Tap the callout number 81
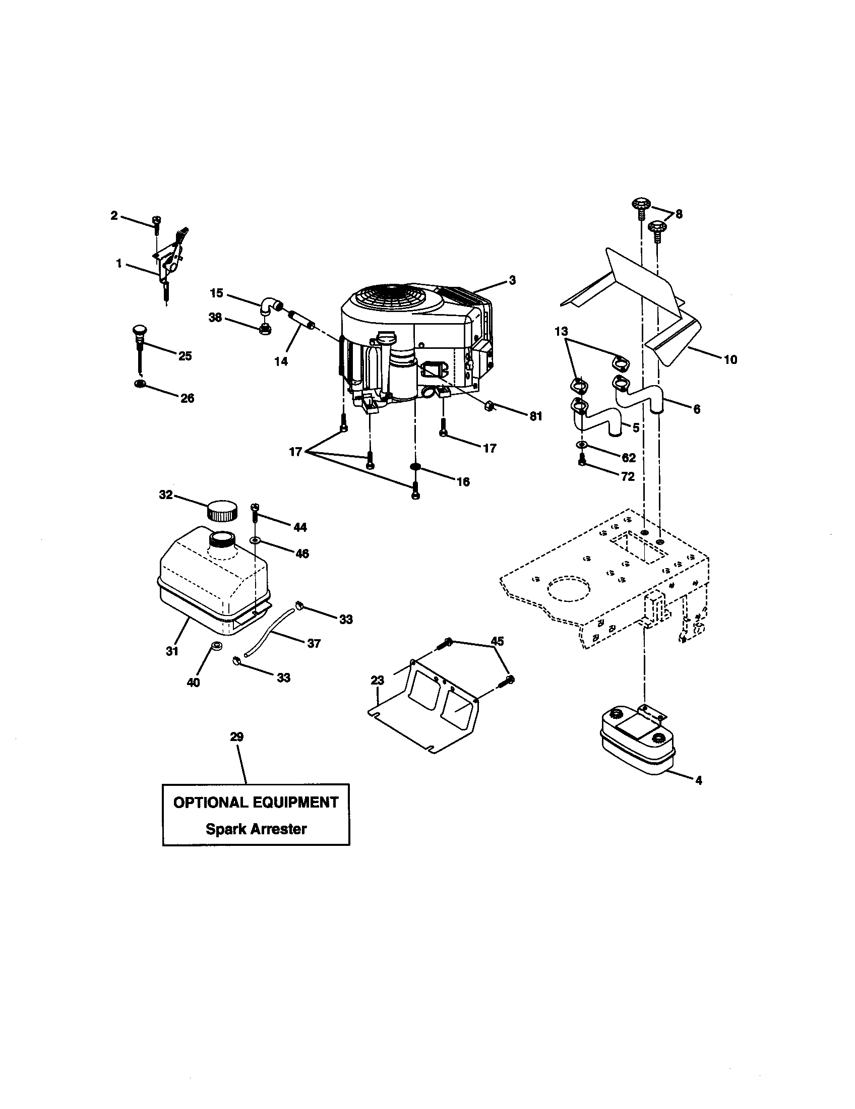536,416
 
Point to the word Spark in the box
225,829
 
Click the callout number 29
236,737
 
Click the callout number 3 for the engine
512,280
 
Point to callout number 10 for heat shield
729,359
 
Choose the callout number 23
377,680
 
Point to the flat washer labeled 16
415,466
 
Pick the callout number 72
628,476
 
